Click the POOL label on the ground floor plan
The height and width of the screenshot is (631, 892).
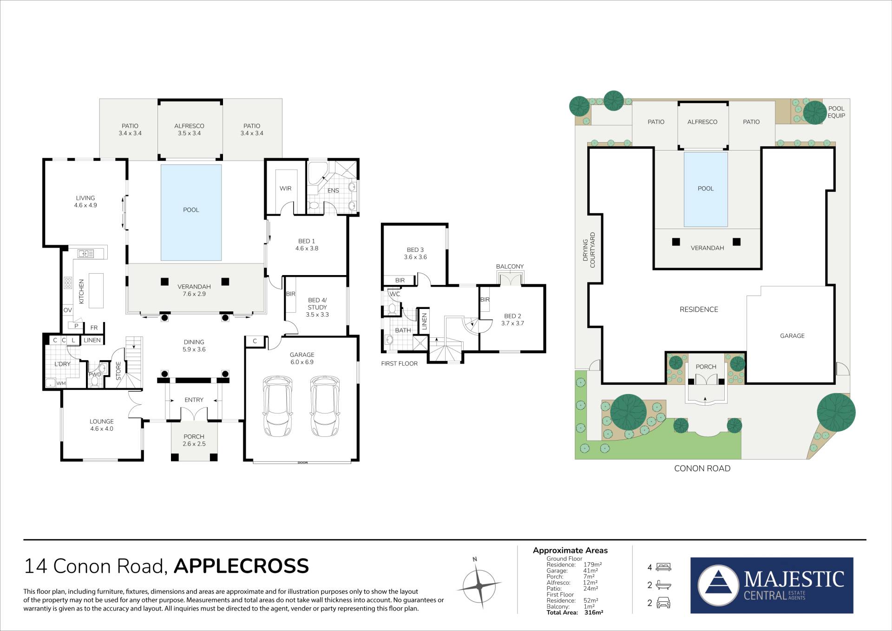191,210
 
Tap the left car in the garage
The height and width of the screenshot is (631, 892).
278,407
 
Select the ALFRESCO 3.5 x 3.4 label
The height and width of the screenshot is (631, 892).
189,130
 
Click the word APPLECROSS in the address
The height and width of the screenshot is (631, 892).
241,566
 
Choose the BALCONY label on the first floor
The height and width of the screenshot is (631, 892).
510,267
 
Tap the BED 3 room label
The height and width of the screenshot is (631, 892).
415,253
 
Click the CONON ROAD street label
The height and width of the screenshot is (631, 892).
702,468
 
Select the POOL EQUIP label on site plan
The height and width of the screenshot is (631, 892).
836,112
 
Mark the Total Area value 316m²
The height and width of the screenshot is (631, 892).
594,613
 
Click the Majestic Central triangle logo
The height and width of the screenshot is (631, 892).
718,585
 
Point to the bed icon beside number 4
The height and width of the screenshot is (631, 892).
663,567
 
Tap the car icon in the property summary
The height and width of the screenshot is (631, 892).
663,603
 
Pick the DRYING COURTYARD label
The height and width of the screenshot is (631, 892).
589,250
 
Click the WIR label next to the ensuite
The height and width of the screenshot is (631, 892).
285,189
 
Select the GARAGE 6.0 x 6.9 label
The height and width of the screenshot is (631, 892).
302,358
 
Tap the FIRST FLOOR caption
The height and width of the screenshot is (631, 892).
400,364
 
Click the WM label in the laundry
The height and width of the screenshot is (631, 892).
61,383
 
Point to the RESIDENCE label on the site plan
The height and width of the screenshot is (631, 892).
699,309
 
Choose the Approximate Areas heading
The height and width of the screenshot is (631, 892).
570,551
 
